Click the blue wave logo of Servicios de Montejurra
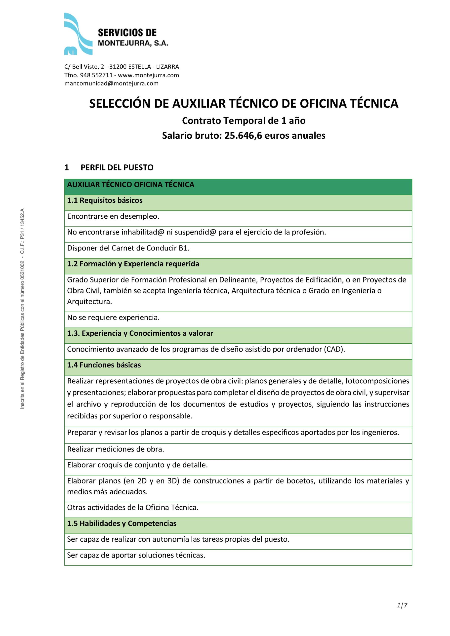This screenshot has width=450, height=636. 78,34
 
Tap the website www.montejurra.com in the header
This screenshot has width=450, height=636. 148,75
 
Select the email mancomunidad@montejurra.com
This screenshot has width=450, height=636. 111,83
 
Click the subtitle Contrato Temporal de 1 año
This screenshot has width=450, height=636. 244,120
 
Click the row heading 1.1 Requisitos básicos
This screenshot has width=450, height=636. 105,200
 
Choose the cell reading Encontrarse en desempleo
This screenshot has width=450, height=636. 113,216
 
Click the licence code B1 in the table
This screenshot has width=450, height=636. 183,248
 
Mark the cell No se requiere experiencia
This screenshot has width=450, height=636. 113,318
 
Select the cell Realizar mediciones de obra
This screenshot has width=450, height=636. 116,449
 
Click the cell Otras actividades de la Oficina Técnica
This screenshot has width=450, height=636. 133,508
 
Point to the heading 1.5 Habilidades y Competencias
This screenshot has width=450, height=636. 122,523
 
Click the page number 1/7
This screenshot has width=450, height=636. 402,605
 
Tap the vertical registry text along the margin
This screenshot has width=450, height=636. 22,309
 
